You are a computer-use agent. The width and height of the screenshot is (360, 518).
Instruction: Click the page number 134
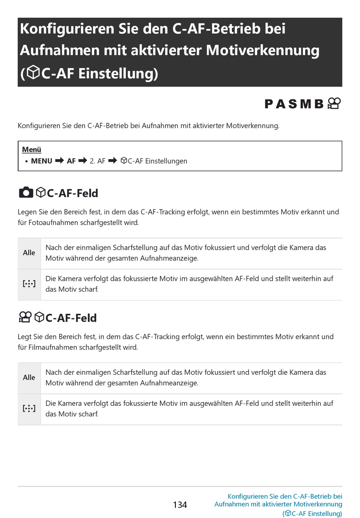coord(180,505)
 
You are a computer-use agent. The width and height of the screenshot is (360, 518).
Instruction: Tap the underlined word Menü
coord(31,150)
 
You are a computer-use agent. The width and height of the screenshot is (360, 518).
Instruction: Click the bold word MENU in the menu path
coord(42,161)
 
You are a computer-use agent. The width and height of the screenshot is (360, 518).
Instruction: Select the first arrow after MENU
coord(59,161)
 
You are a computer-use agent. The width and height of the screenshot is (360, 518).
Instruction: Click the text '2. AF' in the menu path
coord(97,161)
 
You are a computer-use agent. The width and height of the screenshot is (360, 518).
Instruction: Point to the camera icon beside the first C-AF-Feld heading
coord(26,193)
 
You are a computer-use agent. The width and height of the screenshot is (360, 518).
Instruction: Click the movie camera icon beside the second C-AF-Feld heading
coord(25,317)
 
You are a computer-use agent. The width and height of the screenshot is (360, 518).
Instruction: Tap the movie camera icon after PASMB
coord(334,103)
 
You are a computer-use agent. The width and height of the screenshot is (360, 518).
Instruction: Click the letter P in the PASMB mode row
coord(269,104)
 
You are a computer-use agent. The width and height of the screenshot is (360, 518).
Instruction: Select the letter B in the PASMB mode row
coord(319,104)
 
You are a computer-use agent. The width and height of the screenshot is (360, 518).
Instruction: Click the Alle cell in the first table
coord(29,253)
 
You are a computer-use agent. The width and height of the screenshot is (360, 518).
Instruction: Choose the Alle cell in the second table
coord(29,377)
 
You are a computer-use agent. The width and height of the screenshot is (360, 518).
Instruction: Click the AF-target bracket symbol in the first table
coord(29,284)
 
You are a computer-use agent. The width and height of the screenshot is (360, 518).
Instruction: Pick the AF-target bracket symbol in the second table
coord(29,408)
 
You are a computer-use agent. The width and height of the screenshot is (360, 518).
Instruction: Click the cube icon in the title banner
coord(33,72)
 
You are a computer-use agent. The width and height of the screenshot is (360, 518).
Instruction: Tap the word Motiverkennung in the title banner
coord(263,50)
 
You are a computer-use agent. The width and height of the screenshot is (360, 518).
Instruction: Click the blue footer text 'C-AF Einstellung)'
coord(317,513)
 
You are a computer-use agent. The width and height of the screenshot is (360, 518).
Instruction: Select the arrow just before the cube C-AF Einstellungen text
coord(113,161)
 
